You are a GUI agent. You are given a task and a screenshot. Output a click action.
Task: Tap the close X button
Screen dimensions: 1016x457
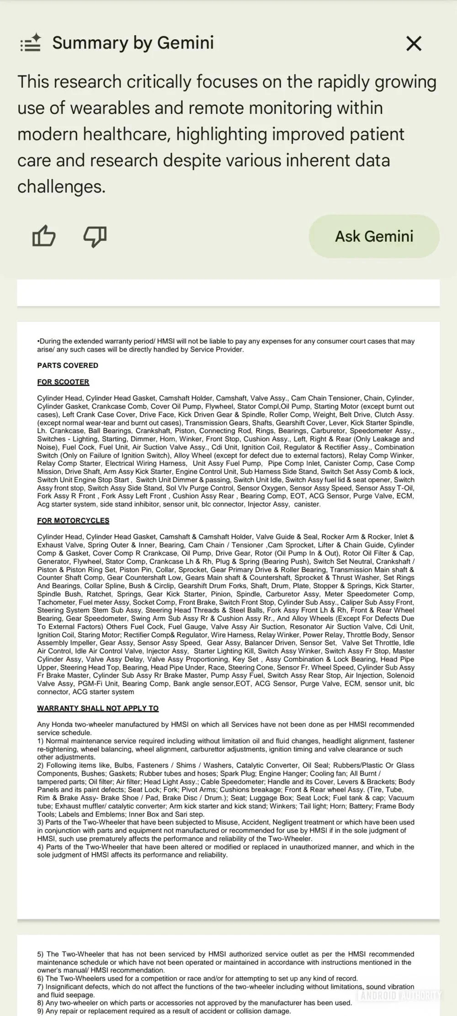[x=414, y=44]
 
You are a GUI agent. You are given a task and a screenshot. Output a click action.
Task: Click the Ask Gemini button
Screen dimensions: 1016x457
[x=374, y=236]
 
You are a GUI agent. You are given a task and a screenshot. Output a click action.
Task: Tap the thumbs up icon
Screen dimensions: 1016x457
[x=44, y=236]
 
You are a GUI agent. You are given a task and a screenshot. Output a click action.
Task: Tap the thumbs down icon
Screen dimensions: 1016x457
[x=95, y=236]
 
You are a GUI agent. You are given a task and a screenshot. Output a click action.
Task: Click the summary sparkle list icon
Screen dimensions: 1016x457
[x=31, y=43]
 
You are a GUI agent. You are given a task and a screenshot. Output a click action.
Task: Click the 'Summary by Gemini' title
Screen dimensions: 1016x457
[x=133, y=43]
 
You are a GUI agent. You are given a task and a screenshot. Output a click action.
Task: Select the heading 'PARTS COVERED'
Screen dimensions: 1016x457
[x=68, y=366]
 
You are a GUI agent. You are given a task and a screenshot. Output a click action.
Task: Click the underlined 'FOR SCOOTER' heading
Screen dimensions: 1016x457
[x=63, y=382]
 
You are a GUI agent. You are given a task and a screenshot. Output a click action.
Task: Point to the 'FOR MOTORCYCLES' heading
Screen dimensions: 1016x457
[x=73, y=521]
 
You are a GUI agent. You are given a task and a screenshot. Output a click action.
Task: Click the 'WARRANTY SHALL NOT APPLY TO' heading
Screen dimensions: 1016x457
[x=98, y=708]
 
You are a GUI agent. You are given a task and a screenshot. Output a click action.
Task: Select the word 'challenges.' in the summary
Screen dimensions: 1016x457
[x=61, y=186]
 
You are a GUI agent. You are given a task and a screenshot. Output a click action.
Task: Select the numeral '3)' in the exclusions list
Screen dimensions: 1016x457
[x=41, y=822]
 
